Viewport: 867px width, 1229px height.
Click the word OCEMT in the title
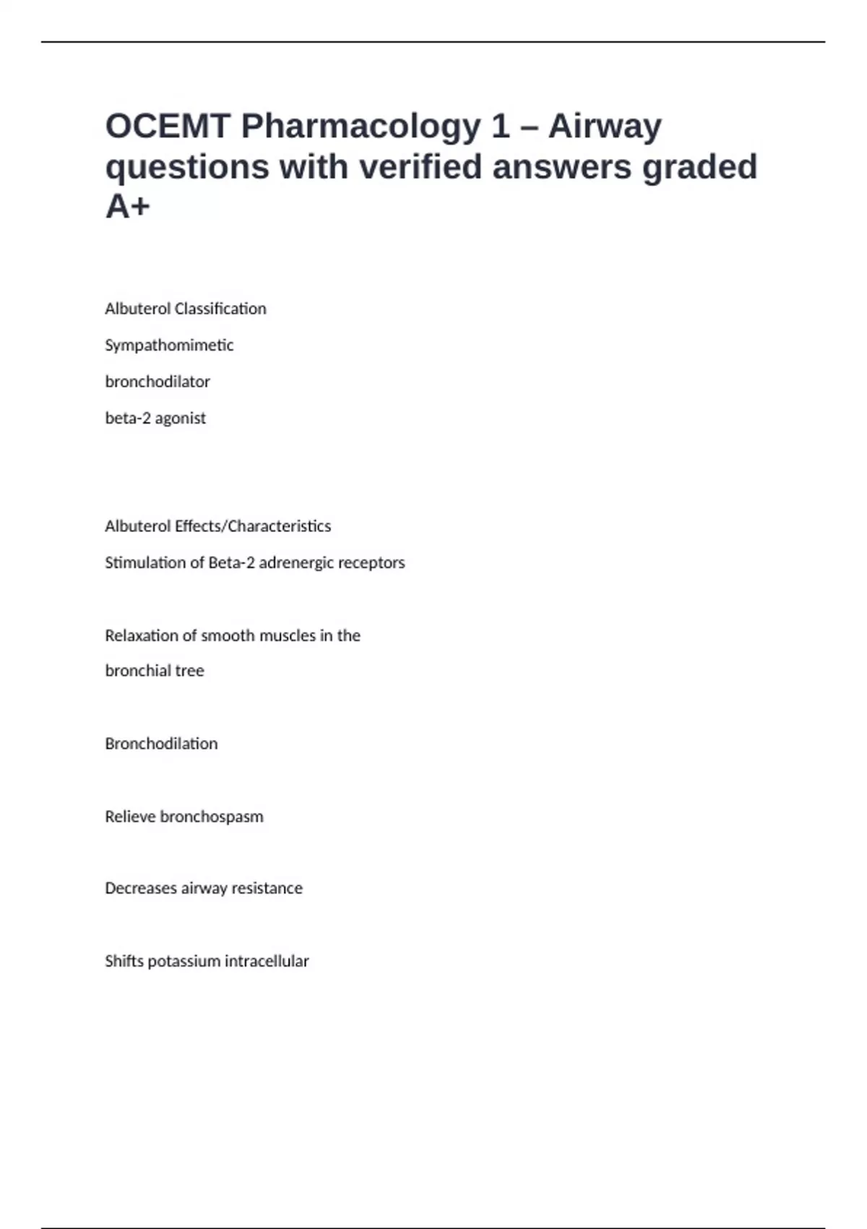click(167, 127)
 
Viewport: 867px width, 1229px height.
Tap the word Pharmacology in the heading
click(360, 127)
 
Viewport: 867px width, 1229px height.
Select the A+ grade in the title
click(128, 207)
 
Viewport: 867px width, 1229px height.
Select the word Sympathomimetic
click(169, 346)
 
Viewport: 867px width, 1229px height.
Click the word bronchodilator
click(158, 382)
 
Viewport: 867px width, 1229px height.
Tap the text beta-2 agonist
click(155, 418)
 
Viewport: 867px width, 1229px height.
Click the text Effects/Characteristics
click(253, 526)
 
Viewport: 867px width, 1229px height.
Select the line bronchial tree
click(155, 671)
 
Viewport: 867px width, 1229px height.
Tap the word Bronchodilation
click(161, 744)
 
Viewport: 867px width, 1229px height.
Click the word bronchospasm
click(212, 817)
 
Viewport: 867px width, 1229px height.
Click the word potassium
click(184, 962)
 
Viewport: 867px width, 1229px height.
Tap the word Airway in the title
click(605, 127)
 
